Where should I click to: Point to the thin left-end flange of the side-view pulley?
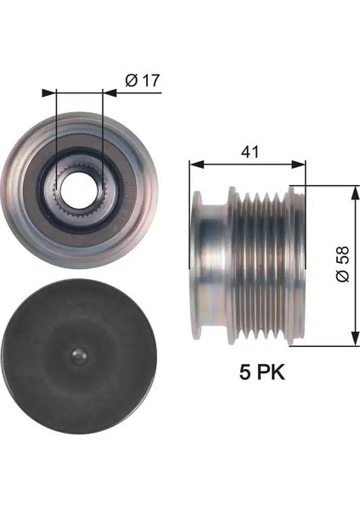[x=196, y=266]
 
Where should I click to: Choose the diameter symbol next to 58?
[x=341, y=277]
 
